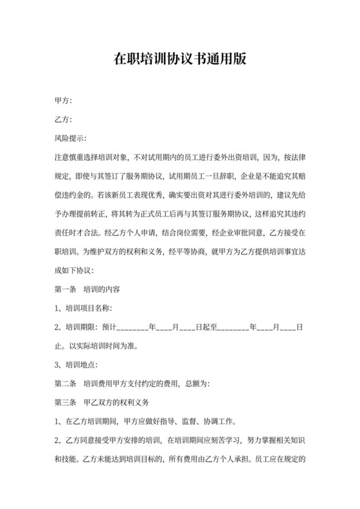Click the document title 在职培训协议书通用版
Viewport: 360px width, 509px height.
179,60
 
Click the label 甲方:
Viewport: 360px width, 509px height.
64,101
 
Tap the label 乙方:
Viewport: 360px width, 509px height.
64,120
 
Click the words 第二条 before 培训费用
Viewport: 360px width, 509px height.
66,384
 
